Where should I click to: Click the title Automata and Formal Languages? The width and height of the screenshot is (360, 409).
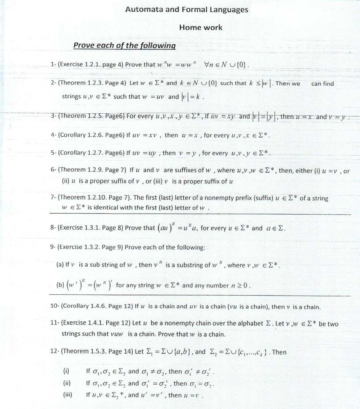(186, 10)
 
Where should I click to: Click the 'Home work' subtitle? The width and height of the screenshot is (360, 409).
(201, 27)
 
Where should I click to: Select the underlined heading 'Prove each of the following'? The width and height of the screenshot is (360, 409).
(125, 46)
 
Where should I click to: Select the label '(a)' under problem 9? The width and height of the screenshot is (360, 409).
(60, 265)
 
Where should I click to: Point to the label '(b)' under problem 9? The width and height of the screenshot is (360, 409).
(60, 285)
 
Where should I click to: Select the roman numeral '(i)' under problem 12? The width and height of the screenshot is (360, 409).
(66, 371)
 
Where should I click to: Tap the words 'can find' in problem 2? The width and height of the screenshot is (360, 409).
(322, 84)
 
